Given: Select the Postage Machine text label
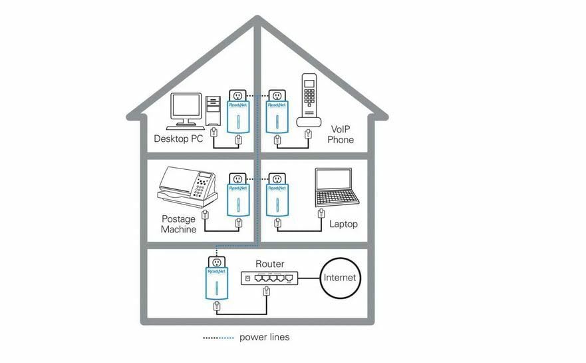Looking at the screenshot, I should point(179,224).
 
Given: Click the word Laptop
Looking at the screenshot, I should point(343,224).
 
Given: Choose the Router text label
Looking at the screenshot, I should point(269,264).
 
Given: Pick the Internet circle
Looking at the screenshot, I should point(339,278).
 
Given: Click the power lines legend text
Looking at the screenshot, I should point(264,338).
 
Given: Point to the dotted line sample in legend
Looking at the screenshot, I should point(219,338).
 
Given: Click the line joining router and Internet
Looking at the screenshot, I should point(309,278).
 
